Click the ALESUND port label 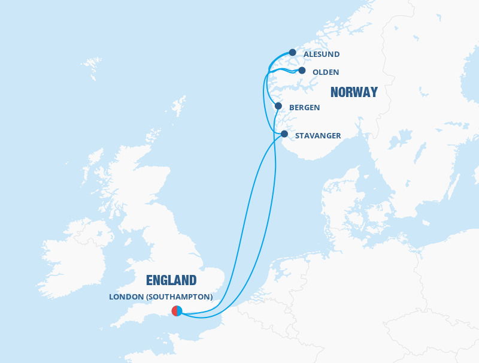coord(322,55)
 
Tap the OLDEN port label coord(326,72)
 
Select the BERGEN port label coord(304,108)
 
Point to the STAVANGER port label coord(318,136)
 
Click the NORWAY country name coord(354,92)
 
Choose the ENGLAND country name coord(171,280)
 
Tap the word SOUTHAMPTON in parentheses coord(183,297)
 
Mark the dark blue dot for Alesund coord(293,53)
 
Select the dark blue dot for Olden coord(302,71)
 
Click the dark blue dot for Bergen coord(278,106)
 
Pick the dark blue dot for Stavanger coord(284,134)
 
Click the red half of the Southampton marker coord(174,311)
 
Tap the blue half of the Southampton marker coord(179,311)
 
